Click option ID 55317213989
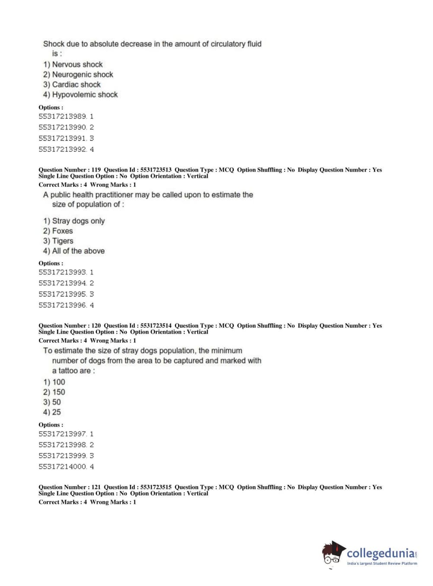(x=63, y=116)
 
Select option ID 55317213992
(x=63, y=150)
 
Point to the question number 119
(x=96, y=170)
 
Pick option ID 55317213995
(x=63, y=294)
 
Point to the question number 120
(x=96, y=326)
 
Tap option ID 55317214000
(x=63, y=467)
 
